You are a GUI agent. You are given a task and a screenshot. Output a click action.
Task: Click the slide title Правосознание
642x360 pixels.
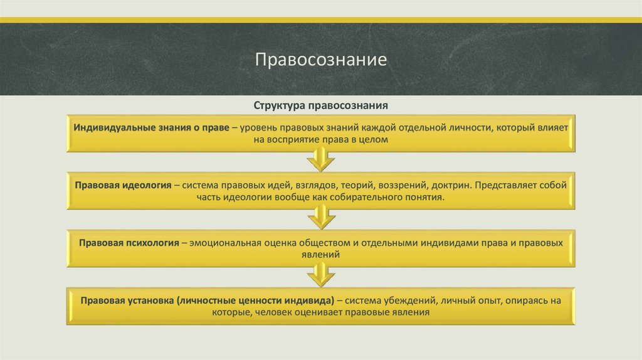tap(320, 61)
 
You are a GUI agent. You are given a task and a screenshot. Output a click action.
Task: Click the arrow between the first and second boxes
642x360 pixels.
tap(320, 161)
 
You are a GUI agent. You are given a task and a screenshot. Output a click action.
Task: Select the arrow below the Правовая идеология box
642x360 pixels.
tap(320, 218)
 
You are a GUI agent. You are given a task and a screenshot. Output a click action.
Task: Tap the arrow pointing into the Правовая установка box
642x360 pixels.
tap(320, 275)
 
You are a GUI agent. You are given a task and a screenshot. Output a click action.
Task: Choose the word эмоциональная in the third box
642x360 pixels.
tap(230, 243)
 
